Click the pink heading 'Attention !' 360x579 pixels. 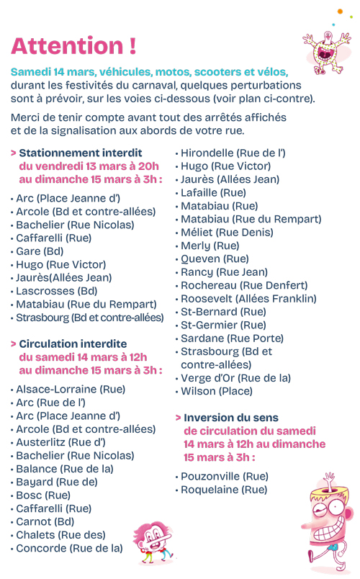click(73, 46)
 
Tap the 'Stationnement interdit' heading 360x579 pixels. click(80, 153)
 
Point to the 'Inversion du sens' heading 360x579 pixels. click(230, 418)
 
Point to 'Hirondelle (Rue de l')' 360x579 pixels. click(233, 153)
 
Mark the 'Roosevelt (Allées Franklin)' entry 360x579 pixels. click(248, 298)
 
